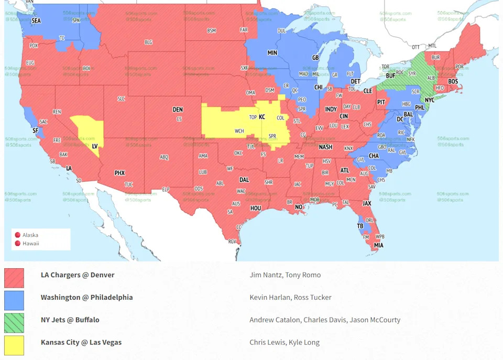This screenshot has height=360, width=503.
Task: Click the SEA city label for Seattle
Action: (36, 20)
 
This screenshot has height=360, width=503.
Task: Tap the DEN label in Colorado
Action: (178, 110)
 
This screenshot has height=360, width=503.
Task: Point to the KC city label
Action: (262, 117)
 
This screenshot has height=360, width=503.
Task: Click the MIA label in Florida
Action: (378, 245)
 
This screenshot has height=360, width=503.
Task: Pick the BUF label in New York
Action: (390, 75)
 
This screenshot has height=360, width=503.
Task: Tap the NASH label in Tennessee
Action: (325, 147)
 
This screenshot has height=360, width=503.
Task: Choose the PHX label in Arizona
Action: (120, 173)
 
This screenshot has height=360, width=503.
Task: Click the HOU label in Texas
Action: (255, 208)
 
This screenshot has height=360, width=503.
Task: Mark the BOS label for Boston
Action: (453, 81)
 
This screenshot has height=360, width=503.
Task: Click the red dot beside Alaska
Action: (17, 235)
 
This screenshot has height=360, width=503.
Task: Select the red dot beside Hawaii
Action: (17, 243)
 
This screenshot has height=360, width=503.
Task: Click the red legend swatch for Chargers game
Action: (14, 278)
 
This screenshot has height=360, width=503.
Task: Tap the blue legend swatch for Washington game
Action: (14, 300)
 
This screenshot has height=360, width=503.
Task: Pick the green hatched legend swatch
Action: (14, 323)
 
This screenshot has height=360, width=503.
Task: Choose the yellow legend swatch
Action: (14, 345)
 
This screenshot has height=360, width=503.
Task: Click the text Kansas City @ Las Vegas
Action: (81, 342)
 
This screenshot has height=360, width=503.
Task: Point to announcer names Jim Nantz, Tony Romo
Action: (285, 275)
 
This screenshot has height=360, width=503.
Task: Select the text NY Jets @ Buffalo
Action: (70, 320)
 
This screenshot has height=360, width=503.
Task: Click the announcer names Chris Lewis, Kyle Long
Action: (285, 342)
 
